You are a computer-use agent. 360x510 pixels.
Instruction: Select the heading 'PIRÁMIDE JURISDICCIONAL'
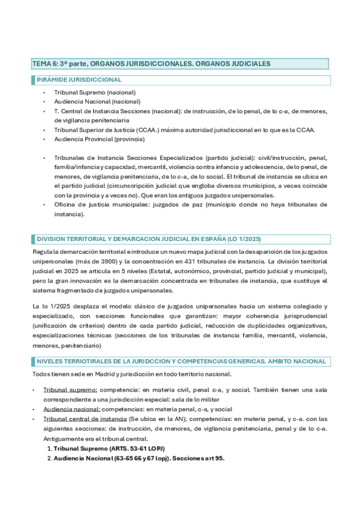point(79,79)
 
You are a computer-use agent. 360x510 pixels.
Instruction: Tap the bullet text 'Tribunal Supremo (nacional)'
point(94,93)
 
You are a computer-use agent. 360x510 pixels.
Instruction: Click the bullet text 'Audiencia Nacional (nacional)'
point(97,102)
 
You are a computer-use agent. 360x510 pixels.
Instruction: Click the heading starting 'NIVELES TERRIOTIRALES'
point(181,361)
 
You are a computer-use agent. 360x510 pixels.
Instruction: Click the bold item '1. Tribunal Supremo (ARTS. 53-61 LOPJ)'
point(109,448)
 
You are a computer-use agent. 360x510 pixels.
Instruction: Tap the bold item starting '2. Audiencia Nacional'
point(138,458)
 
